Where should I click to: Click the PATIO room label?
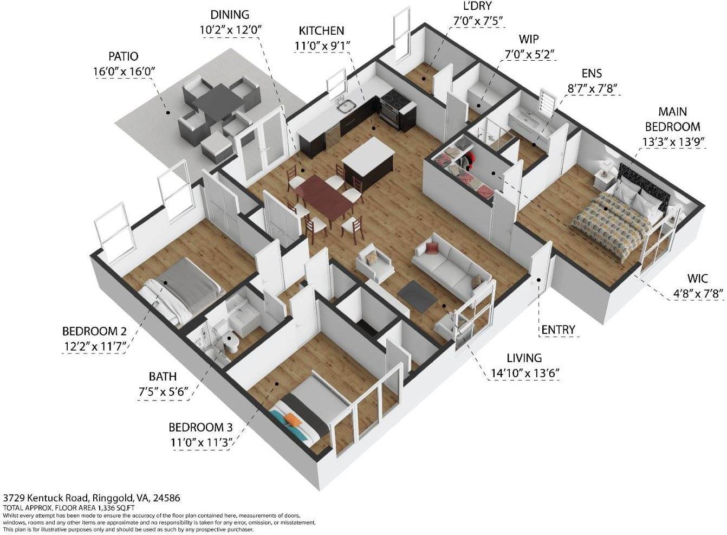click(123, 56)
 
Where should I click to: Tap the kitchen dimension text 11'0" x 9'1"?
click(322, 46)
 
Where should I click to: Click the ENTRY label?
click(558, 330)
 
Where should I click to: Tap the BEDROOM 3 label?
click(200, 428)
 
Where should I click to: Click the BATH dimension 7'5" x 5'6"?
click(164, 392)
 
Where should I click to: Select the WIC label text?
click(697, 279)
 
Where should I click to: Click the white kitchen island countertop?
click(368, 152)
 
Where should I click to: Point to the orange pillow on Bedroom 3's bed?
click(291, 420)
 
